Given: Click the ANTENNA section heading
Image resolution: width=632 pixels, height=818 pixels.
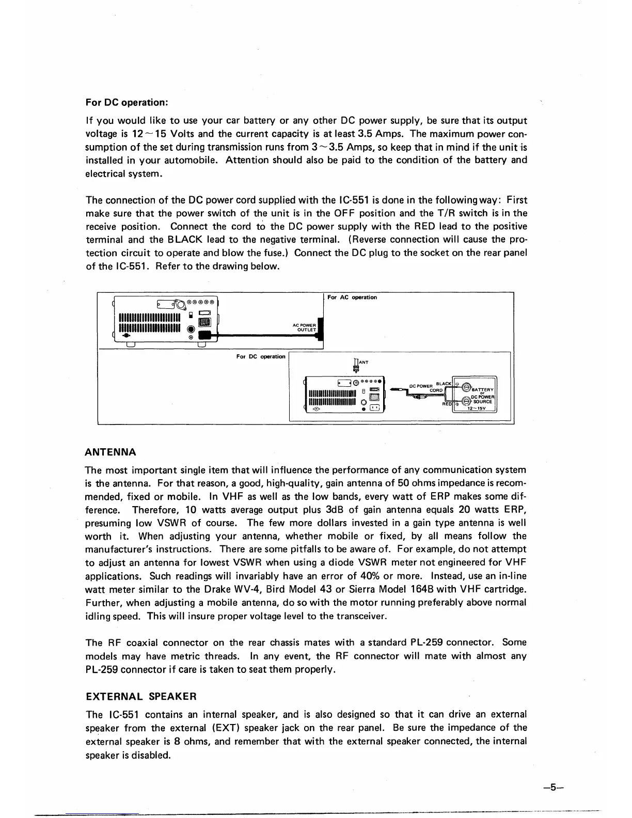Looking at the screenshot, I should pyautogui.click(x=110, y=452).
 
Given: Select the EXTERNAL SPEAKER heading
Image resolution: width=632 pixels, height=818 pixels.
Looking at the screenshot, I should pyautogui.click(x=140, y=696).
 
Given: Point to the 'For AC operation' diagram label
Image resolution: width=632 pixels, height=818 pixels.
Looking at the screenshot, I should pyautogui.click(x=352, y=297).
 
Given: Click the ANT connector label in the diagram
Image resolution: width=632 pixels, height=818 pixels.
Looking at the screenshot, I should pyautogui.click(x=364, y=363).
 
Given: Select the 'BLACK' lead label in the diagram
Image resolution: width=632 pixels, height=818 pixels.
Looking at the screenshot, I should pyautogui.click(x=444, y=384).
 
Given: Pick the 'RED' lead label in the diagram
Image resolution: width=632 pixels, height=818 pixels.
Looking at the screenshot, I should pyautogui.click(x=447, y=404).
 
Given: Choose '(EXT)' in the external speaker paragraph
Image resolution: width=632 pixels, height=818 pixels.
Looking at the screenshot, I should pyautogui.click(x=224, y=728).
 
